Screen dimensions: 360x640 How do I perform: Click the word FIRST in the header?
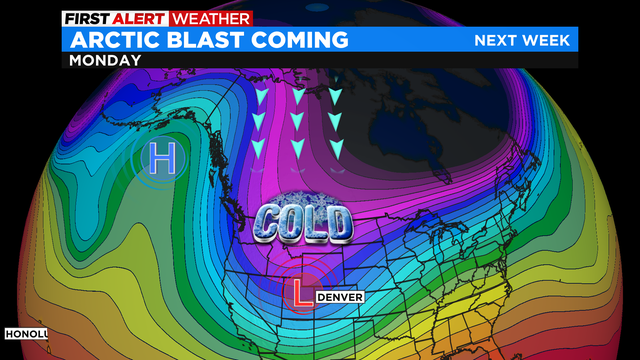(x=86, y=18)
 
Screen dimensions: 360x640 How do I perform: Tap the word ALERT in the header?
(x=137, y=18)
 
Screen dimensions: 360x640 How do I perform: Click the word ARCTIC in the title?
(x=111, y=39)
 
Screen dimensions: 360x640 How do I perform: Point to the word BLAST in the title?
(x=205, y=39)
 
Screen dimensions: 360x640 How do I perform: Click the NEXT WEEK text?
(x=522, y=40)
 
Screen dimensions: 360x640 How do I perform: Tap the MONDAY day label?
(x=104, y=59)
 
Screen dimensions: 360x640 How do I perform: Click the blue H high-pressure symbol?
(x=162, y=157)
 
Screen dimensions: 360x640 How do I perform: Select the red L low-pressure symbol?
(x=299, y=292)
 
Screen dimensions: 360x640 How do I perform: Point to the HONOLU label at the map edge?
(x=22, y=332)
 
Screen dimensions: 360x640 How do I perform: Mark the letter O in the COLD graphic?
(x=296, y=221)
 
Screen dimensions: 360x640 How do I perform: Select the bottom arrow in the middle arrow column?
(x=298, y=148)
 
